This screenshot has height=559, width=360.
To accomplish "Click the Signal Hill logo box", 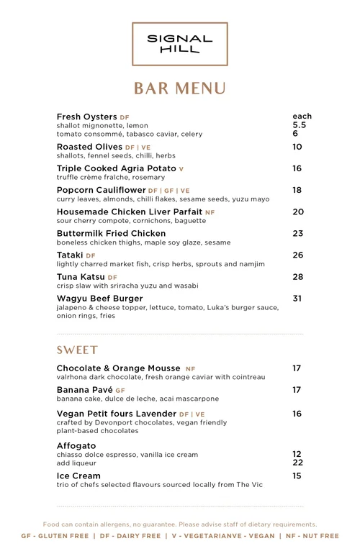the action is tap(179, 43).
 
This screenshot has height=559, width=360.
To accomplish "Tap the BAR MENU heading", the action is tap(179, 88).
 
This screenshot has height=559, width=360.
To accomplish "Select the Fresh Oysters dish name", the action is tap(86, 117).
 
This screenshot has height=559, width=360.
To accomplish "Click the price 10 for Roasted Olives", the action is tap(297, 147).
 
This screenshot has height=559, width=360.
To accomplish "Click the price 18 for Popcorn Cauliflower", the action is tap(297, 190).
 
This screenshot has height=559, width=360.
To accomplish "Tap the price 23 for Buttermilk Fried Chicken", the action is tap(297, 233).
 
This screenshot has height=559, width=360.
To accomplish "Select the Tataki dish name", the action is tap(70, 255).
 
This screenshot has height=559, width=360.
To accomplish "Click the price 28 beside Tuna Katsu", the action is tap(297, 276).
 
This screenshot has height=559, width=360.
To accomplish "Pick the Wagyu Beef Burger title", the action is tap(99, 298).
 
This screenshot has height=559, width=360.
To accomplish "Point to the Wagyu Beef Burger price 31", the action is tap(297, 298).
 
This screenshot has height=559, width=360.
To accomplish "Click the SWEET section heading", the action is tap(77, 350).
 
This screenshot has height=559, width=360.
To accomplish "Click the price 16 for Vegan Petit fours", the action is tap(297, 414).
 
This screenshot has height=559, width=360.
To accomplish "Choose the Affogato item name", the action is tap(76, 446).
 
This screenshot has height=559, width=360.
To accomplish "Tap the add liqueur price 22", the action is tap(297, 463).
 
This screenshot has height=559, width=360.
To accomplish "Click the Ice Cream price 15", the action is tap(297, 476).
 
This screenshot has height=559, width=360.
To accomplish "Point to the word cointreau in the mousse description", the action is tap(248, 377).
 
